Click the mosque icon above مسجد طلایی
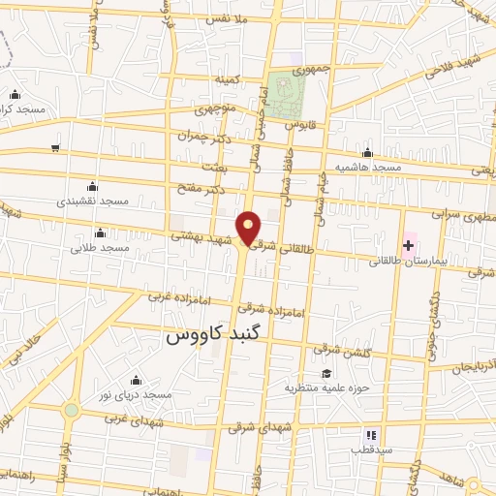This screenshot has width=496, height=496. tap(101, 232)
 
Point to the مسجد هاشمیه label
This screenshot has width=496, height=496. tap(367, 167)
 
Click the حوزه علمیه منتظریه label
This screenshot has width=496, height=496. tap(322, 388)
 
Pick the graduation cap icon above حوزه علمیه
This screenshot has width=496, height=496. tap(326, 374)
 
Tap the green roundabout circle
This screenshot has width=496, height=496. tap(71, 411)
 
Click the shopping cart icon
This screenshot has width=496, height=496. tap(56, 148)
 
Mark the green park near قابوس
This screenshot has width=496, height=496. tap(287, 92)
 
